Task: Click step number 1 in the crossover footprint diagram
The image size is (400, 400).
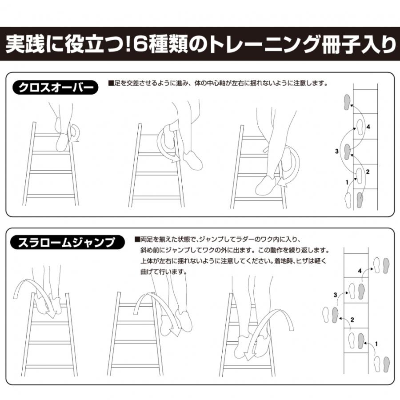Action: [347, 182]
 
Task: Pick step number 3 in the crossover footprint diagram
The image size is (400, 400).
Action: [337, 152]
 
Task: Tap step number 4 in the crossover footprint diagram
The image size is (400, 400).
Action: [368, 127]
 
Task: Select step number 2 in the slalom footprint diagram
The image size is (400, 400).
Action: [352, 319]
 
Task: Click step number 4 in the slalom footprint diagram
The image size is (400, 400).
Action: [360, 270]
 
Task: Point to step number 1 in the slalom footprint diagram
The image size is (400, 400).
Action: [377, 343]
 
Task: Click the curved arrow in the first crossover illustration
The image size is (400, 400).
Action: [74, 132]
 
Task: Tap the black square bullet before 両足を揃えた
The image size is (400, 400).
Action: [137, 239]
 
